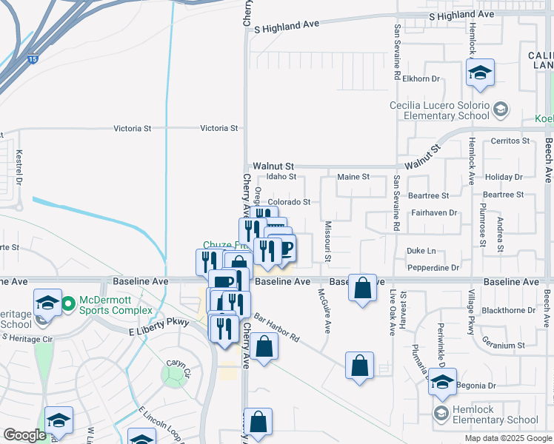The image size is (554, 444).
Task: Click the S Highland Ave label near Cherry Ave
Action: coord(286,26)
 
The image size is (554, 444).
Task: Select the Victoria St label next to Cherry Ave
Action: coord(218,128)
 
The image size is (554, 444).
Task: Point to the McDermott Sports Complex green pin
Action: coord(68,303)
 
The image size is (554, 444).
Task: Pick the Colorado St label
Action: coord(288,202)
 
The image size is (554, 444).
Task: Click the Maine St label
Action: coord(353,177)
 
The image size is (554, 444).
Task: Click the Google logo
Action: coord(24,435)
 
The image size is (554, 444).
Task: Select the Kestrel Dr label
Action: coord(20,169)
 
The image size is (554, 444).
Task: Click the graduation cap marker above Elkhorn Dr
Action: coord(479,73)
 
